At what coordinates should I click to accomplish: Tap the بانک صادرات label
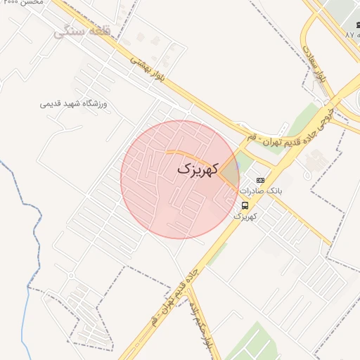(x=260, y=191)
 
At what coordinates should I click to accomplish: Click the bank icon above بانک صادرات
(x=260, y=180)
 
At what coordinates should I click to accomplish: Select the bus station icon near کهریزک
(x=245, y=205)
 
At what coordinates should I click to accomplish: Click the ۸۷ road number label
(x=351, y=34)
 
